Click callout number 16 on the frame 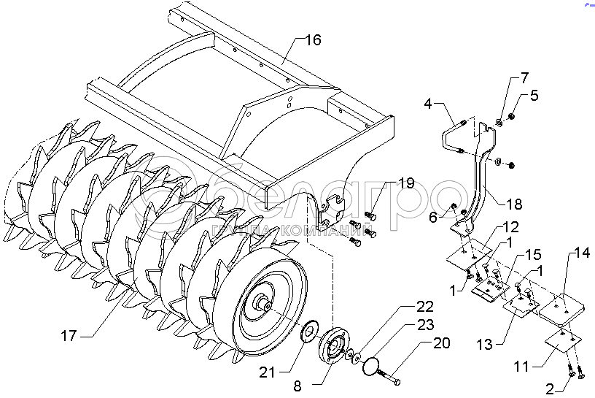click(311, 39)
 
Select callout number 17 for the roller click(69, 337)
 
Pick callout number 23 click(424, 324)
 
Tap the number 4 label click(428, 104)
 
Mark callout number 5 click(534, 95)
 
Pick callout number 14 click(580, 254)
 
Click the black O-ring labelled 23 click(373, 365)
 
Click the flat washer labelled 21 click(309, 333)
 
